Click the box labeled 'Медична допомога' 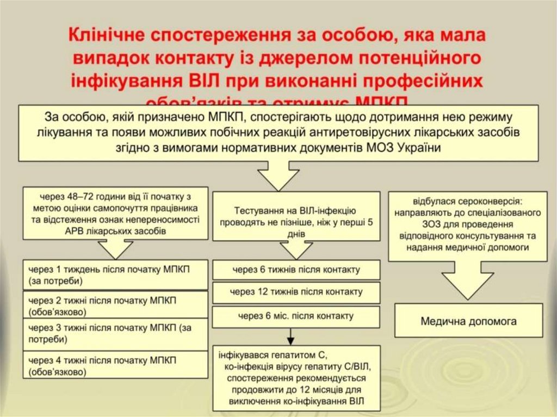(468, 321)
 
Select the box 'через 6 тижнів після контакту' (295, 270)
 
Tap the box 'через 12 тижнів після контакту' (295, 292)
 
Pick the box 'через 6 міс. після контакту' (295, 316)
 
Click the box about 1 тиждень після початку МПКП (115, 275)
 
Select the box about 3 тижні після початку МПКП (115, 333)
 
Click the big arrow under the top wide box (278, 176)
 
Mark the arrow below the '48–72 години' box (115, 248)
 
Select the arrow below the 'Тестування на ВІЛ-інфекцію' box (296, 249)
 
